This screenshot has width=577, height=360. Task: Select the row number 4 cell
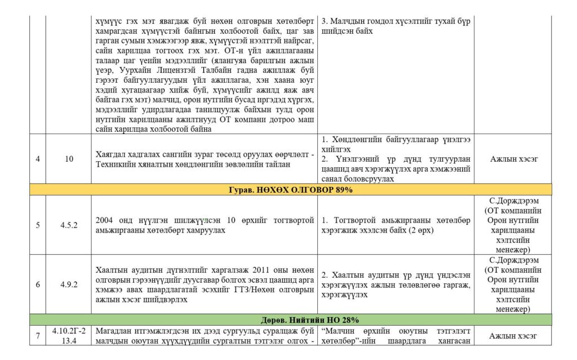pyautogui.click(x=37, y=159)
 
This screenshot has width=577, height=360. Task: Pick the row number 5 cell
pyautogui.click(x=37, y=225)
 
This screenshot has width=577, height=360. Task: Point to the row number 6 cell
pyautogui.click(x=37, y=285)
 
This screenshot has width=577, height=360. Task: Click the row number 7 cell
pyautogui.click(x=37, y=336)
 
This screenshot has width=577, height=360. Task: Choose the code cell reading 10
pyautogui.click(x=69, y=159)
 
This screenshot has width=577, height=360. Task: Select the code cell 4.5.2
pyautogui.click(x=69, y=225)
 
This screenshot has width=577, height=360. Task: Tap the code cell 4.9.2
pyautogui.click(x=69, y=285)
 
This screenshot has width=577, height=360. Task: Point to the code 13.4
pyautogui.click(x=69, y=341)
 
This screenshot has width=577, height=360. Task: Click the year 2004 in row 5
pyautogui.click(x=105, y=220)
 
